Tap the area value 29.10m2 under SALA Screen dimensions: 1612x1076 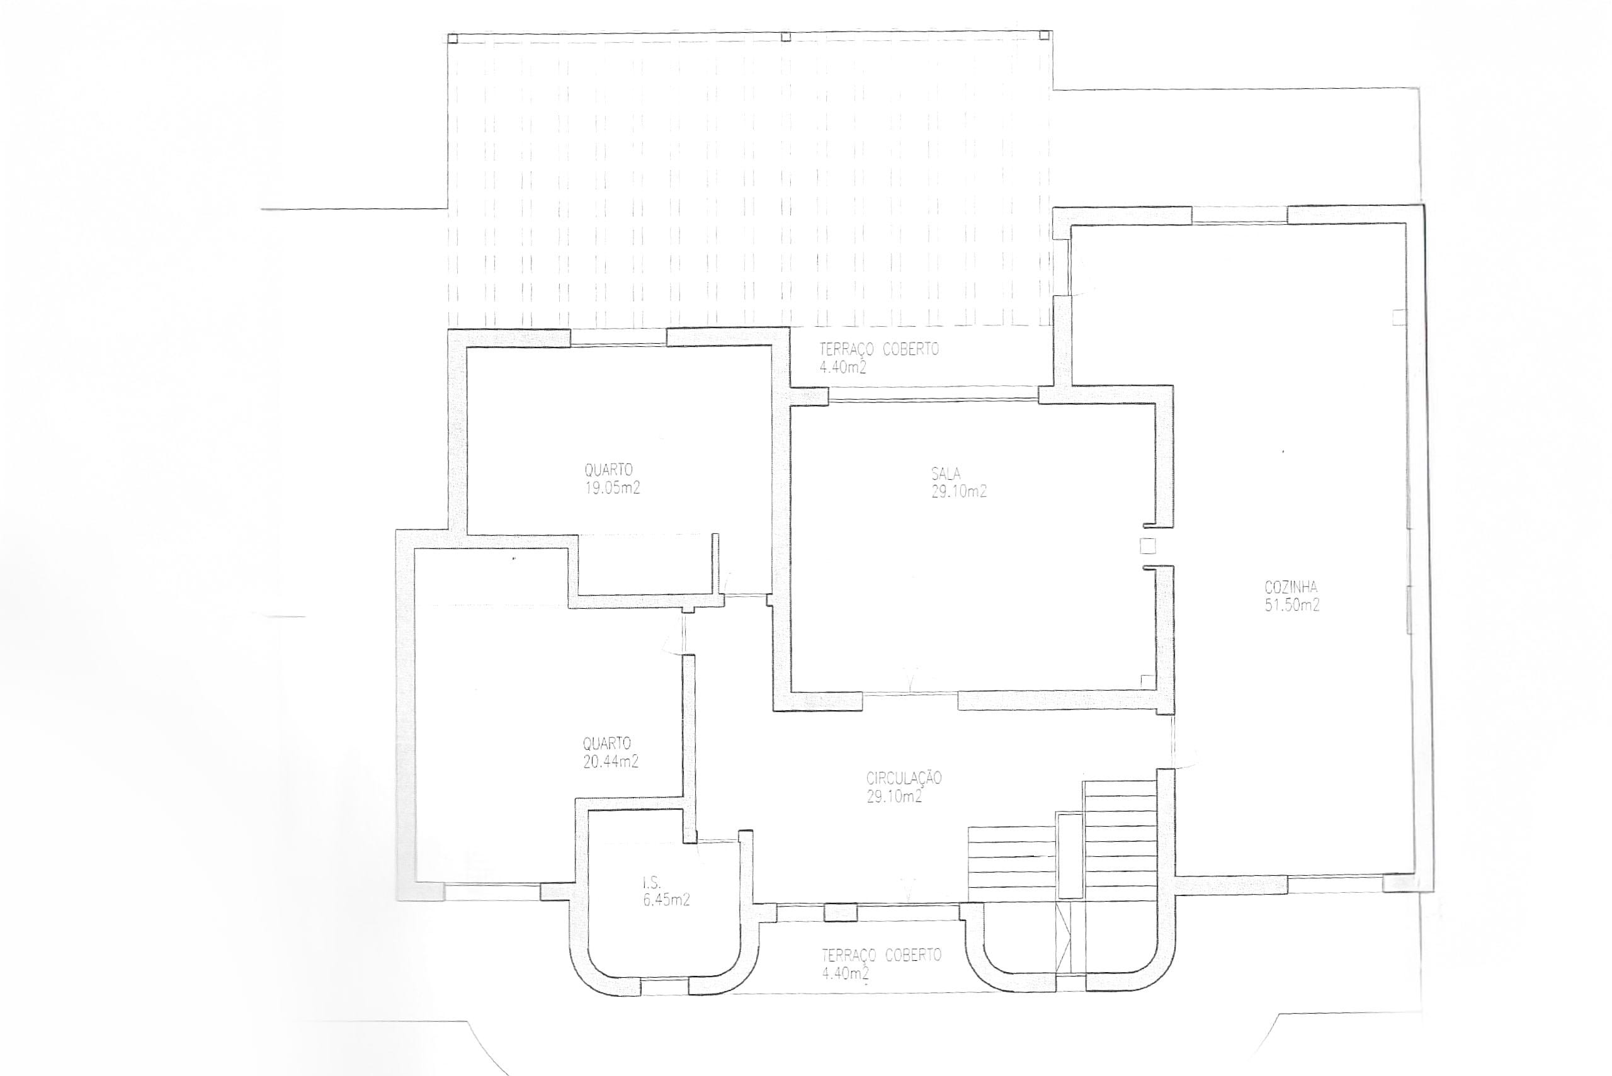pos(958,491)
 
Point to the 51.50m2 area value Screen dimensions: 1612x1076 pos(1292,606)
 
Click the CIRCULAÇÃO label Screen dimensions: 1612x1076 pos(904,778)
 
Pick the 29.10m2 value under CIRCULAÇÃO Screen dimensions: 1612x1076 pos(894,797)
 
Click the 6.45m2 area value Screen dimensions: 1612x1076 pos(666,901)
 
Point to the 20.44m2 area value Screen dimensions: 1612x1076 pos(611,761)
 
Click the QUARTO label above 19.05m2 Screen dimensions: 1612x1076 pos(609,471)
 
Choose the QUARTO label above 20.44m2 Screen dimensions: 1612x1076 pos(607,744)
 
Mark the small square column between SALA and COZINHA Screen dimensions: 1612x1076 pos(1147,546)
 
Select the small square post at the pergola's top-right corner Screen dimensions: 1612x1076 pos(1045,35)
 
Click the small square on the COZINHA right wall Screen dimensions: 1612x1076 pos(1399,317)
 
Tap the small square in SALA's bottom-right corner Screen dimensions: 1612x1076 pos(1147,680)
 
